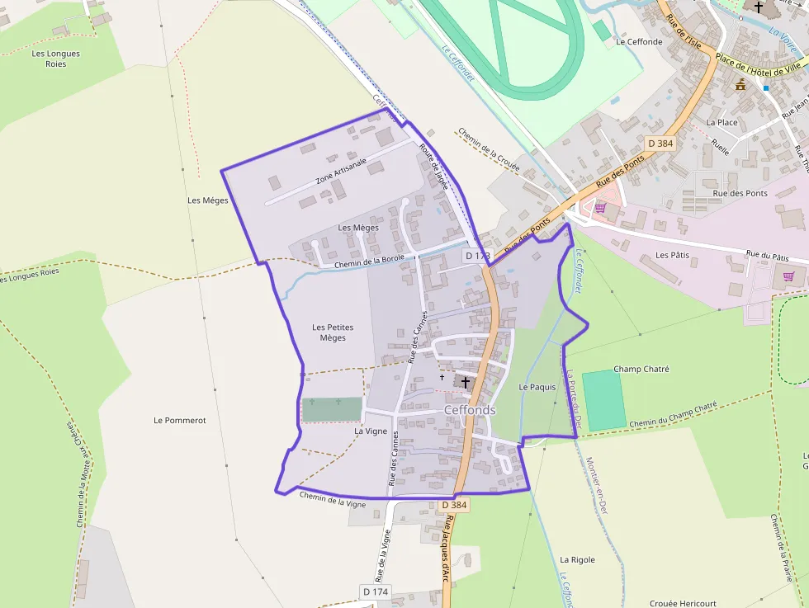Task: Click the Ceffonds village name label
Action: point(470,410)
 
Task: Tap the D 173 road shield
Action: point(477,257)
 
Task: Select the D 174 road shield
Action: point(375,592)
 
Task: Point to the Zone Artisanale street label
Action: point(340,172)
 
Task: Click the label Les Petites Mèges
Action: point(333,332)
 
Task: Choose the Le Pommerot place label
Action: point(179,420)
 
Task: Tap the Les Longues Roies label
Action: point(55,59)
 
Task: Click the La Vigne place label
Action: point(371,431)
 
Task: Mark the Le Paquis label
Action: point(537,387)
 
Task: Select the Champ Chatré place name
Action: point(641,369)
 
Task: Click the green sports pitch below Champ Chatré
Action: point(604,400)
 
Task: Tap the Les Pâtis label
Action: point(672,255)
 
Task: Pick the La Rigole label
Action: point(577,559)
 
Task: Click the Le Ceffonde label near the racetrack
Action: point(639,41)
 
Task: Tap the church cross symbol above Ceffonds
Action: point(466,383)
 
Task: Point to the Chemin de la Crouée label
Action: point(488,149)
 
